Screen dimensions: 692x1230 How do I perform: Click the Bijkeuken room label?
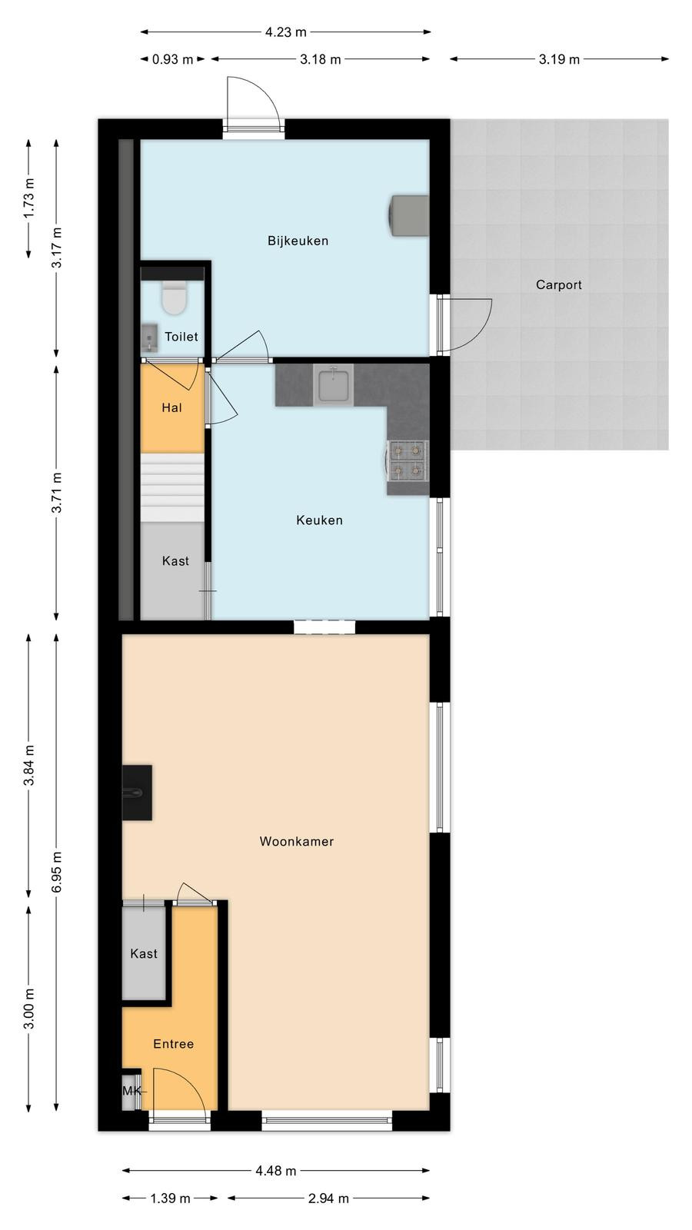click(x=298, y=241)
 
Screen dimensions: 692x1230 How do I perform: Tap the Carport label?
click(x=558, y=285)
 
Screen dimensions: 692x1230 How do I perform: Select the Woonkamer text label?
click(x=297, y=841)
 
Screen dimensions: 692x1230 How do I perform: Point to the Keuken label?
click(x=319, y=520)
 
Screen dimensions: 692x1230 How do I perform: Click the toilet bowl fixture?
click(x=174, y=298)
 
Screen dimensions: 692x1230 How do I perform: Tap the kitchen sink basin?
click(x=334, y=384)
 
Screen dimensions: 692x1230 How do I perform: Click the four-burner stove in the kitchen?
click(x=408, y=460)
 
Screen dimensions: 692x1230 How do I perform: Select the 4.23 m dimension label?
click(x=285, y=32)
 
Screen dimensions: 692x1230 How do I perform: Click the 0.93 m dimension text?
click(x=172, y=59)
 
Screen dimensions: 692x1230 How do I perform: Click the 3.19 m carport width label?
click(x=559, y=59)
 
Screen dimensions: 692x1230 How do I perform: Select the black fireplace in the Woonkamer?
click(x=137, y=793)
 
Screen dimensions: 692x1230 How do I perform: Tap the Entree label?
click(x=174, y=1044)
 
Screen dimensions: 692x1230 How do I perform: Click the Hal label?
click(x=172, y=407)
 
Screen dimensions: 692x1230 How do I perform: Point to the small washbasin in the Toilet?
click(x=149, y=337)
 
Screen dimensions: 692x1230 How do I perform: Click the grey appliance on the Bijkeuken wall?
click(x=408, y=215)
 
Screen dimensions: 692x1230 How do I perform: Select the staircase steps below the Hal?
click(x=172, y=487)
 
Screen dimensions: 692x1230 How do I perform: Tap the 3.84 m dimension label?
click(x=29, y=765)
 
